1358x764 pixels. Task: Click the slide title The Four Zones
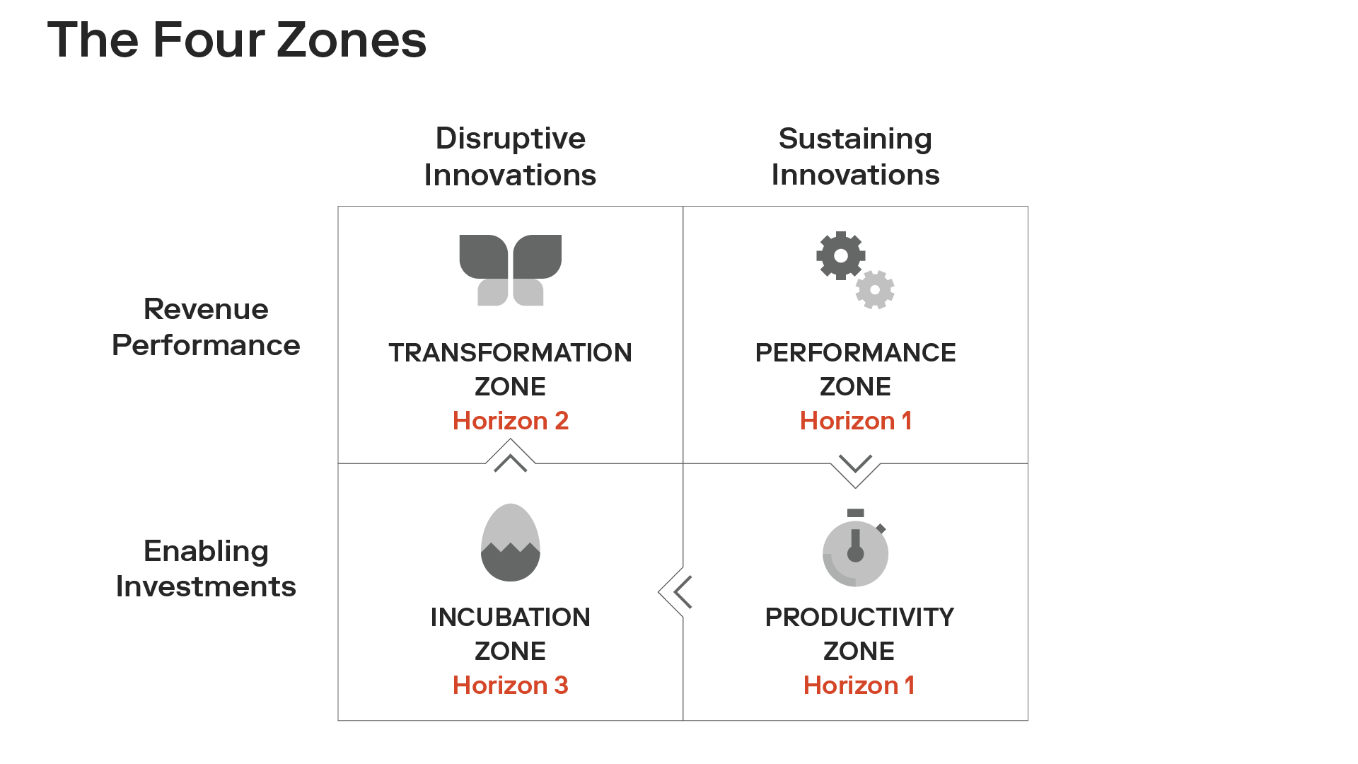pos(237,40)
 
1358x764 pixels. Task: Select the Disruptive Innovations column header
pos(510,156)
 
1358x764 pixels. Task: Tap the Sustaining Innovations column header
pos(855,156)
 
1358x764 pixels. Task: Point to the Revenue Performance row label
pos(206,327)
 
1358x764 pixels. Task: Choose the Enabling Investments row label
pos(206,569)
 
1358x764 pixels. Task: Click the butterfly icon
pos(510,270)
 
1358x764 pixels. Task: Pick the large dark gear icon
pos(841,255)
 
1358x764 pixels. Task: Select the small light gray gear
pos(875,289)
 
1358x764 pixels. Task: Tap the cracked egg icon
pos(510,543)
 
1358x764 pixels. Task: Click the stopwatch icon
pos(856,548)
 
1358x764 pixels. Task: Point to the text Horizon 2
pos(510,421)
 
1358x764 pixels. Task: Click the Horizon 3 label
pos(510,685)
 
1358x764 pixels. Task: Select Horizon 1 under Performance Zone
pos(856,421)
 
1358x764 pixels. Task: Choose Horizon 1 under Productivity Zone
pos(859,685)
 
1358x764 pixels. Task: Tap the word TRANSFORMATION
pos(510,352)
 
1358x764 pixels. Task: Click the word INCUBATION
pos(510,617)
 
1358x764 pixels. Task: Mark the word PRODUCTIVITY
pos(859,617)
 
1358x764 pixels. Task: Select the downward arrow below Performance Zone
pos(855,463)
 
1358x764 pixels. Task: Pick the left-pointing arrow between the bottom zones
pos(683,592)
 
